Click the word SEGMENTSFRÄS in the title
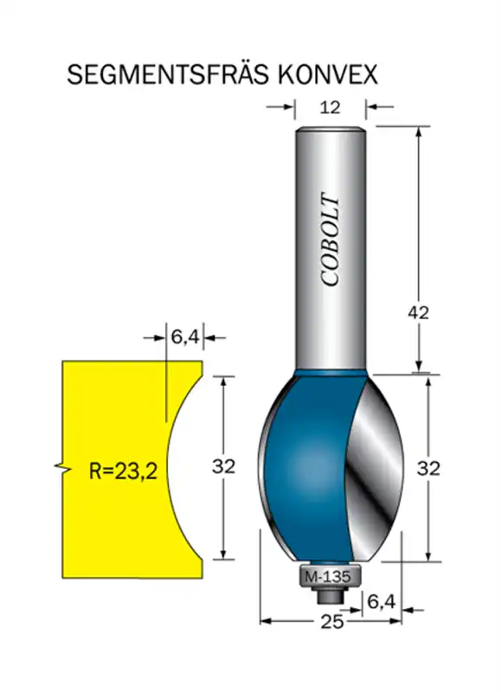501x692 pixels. tap(167, 74)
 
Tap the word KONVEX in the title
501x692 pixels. tap(328, 74)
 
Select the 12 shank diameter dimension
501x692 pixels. tap(330, 107)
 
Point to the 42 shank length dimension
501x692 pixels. tap(418, 313)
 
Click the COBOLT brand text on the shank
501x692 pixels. tap(331, 239)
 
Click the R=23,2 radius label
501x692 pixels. tap(123, 471)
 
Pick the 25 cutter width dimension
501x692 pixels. tap(331, 621)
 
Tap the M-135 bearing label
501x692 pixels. tap(328, 577)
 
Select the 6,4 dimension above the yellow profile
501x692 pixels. tap(185, 337)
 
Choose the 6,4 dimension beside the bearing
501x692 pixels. tap(382, 600)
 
